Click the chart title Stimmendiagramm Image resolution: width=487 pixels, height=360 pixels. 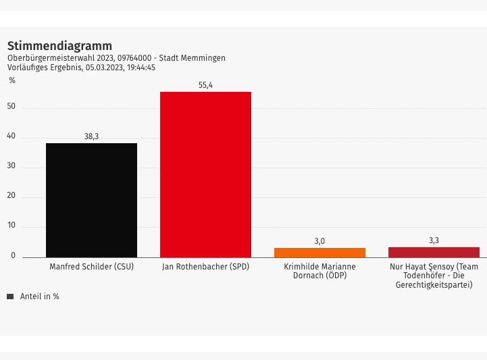(59, 46)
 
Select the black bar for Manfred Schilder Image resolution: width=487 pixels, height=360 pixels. (91, 200)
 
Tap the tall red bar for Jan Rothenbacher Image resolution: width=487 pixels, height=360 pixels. (205, 174)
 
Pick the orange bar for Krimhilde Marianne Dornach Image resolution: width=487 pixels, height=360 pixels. (319, 253)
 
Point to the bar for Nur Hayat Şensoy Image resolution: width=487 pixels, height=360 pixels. (434, 252)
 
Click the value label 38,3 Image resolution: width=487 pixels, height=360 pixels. (91, 136)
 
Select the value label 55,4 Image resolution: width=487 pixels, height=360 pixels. (205, 85)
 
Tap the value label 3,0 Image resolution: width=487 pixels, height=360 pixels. (319, 241)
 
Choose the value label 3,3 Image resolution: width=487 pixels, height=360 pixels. (434, 240)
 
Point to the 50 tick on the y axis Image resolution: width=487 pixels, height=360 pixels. (11, 107)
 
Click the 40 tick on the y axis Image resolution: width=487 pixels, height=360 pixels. (11, 137)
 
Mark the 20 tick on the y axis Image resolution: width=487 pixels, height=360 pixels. (11, 197)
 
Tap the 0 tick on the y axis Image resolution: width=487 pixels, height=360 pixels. (14, 256)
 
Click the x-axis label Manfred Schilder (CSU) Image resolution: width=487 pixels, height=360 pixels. (92, 267)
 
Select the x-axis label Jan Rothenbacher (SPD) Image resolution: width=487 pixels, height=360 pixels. (205, 267)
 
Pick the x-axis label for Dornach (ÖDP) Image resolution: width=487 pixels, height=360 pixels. (319, 272)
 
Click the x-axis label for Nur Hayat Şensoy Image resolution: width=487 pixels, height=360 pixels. (434, 276)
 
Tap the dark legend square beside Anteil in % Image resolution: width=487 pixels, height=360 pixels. (10, 297)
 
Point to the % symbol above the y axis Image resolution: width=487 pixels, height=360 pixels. (12, 81)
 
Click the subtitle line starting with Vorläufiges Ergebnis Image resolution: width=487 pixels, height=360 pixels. (81, 68)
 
